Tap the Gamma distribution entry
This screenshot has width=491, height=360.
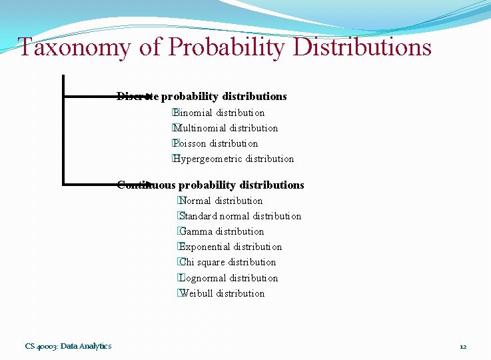(x=222, y=231)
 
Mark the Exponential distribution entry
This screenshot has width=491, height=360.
(x=231, y=247)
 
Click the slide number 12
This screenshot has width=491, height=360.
(x=463, y=346)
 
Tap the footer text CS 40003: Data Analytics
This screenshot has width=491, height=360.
(x=69, y=345)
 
